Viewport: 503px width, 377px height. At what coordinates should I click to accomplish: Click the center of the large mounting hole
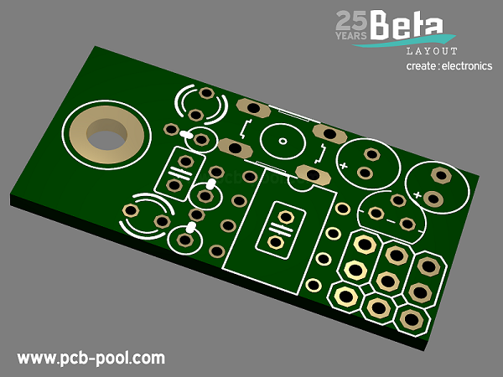pos(106,134)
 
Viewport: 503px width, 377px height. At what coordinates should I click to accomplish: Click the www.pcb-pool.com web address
pos(91,359)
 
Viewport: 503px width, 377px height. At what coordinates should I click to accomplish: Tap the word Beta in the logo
pos(407,24)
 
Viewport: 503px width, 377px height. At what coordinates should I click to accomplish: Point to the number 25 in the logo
pos(352,20)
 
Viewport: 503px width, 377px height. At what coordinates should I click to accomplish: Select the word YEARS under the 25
pos(351,35)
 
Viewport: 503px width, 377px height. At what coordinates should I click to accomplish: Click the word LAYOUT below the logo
pos(432,51)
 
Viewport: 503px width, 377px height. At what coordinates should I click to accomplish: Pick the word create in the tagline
pos(421,66)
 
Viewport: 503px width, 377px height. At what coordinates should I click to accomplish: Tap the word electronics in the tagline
pos(467,65)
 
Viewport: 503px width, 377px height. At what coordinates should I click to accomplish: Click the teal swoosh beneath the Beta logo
pos(404,41)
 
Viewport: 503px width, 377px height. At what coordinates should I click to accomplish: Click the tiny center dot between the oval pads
pos(283,141)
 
